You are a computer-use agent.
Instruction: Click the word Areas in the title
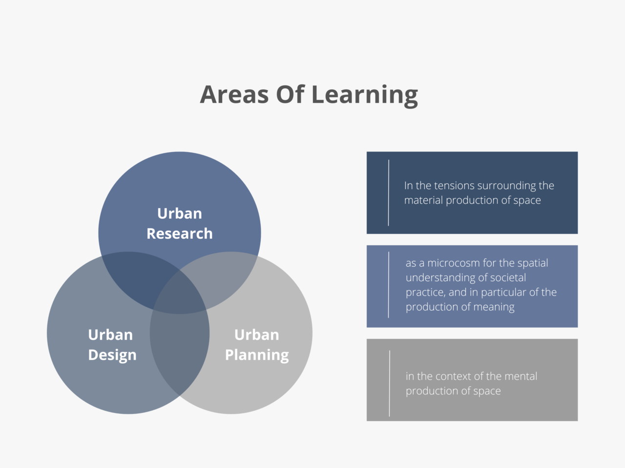[x=234, y=95]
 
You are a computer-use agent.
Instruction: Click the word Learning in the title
[x=365, y=96]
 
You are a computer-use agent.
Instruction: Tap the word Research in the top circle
[x=179, y=234]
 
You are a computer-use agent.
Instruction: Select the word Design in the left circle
[x=112, y=355]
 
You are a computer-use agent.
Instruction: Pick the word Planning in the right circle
[x=257, y=355]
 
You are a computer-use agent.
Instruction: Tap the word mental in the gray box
[x=521, y=376]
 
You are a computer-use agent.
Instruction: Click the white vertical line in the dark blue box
[x=388, y=193]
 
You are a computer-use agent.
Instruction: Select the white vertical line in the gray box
[x=389, y=383]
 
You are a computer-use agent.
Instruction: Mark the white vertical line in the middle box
[x=388, y=285]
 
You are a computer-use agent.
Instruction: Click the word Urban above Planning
[x=256, y=335]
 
